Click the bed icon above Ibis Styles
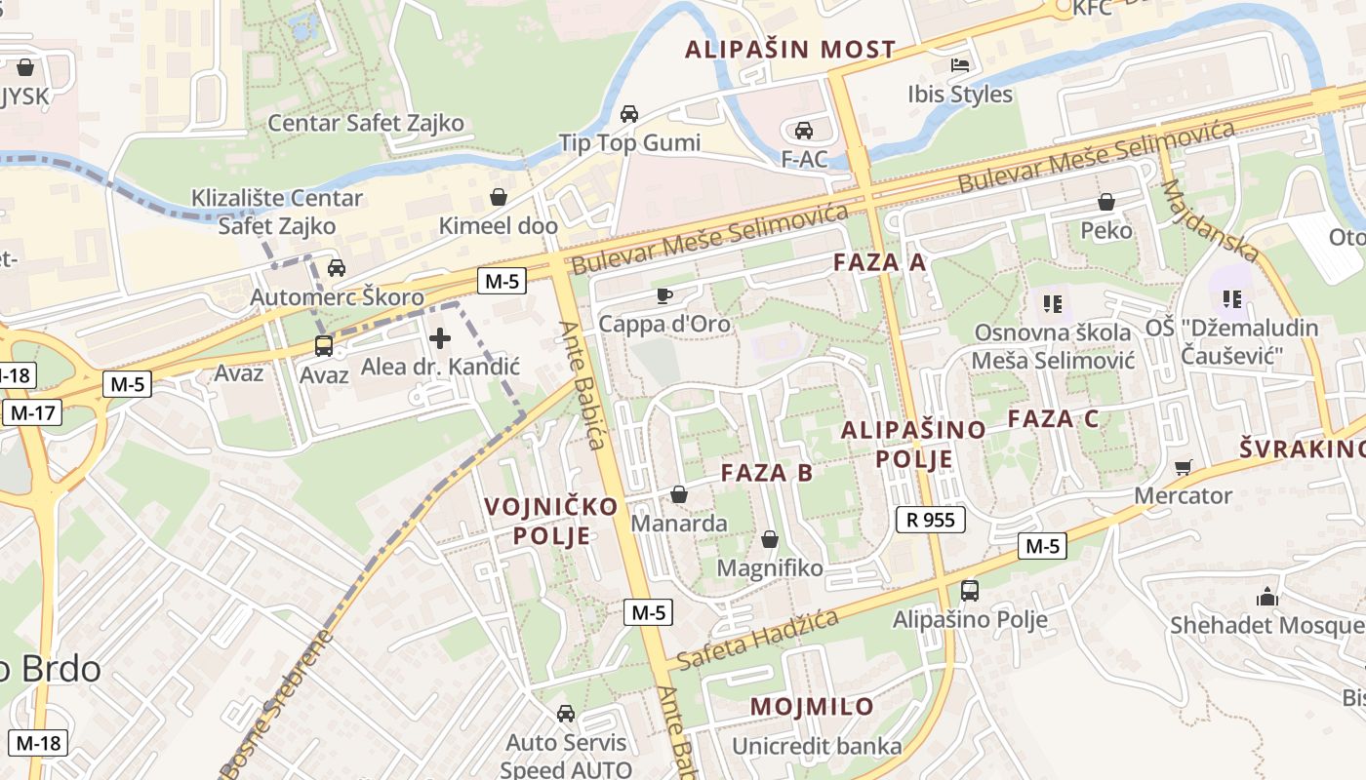pos(960,65)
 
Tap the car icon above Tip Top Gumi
pos(629,113)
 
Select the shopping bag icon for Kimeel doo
pos(499,197)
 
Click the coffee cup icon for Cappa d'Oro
pos(663,294)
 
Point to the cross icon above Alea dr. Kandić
pos(440,338)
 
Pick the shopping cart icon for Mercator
pos(1183,467)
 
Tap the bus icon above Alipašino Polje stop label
pos(970,590)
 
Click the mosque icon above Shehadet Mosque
pos(1266,596)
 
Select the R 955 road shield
pos(930,520)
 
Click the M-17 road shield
pos(32,412)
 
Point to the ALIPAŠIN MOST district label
pos(790,49)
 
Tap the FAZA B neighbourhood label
pos(766,473)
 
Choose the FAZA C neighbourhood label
pos(1053,419)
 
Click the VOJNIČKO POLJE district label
pos(552,521)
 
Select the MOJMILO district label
pos(812,707)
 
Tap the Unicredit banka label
pos(818,747)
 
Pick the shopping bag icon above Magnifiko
pos(770,539)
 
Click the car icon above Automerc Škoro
pos(337,268)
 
